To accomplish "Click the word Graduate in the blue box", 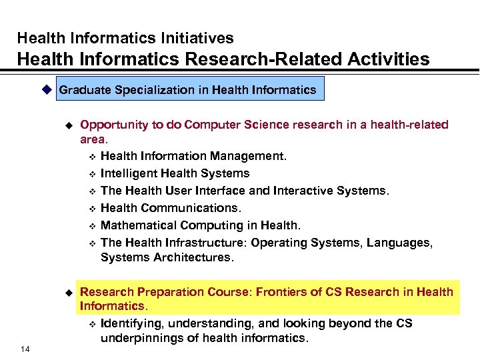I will tap(84, 90).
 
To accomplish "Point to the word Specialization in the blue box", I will tap(155, 90).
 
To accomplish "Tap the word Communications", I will tap(183, 208).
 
